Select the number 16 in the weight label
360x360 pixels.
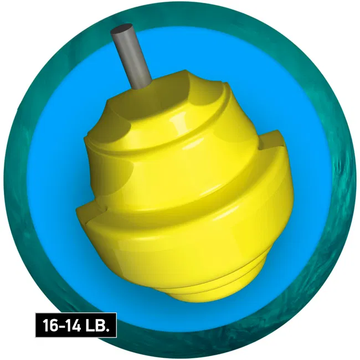coord(49,325)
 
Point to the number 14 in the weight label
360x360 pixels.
coord(74,325)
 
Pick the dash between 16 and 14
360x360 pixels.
coord(61,326)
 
